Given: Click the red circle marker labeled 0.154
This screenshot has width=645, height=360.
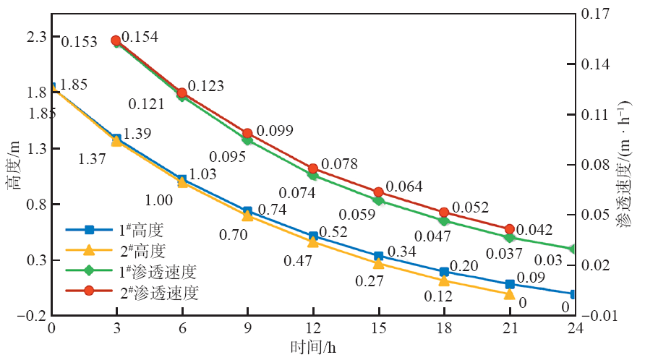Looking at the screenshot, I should click(116, 40).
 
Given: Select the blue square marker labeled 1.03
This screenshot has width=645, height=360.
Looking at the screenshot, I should click(182, 179).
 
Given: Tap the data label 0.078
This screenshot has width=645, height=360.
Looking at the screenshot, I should click(339, 165).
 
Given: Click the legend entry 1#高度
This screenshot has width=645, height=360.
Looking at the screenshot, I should click(141, 231).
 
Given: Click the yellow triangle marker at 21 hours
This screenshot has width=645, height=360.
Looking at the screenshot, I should click(510, 294).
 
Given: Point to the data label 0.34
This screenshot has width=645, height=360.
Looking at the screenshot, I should click(402, 252).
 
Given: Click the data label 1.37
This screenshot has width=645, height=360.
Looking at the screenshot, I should click(91, 159).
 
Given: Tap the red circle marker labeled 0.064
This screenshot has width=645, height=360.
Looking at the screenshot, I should click(378, 192).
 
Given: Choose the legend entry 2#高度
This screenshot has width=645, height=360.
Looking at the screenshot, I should click(141, 251).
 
